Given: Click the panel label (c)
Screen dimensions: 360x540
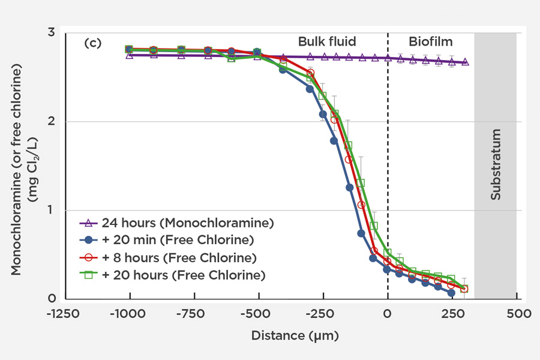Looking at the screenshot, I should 92,43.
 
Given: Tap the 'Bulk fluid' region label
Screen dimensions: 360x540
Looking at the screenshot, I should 327,41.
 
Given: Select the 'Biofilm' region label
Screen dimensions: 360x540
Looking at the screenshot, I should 431,41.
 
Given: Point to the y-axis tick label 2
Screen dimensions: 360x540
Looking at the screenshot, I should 52,122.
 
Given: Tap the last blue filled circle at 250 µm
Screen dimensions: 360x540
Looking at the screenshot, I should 451,293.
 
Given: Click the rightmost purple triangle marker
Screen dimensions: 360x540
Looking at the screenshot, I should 465,62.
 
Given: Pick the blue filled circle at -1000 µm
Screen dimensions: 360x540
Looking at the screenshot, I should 129,49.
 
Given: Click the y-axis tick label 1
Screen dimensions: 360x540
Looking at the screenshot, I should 52,211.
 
